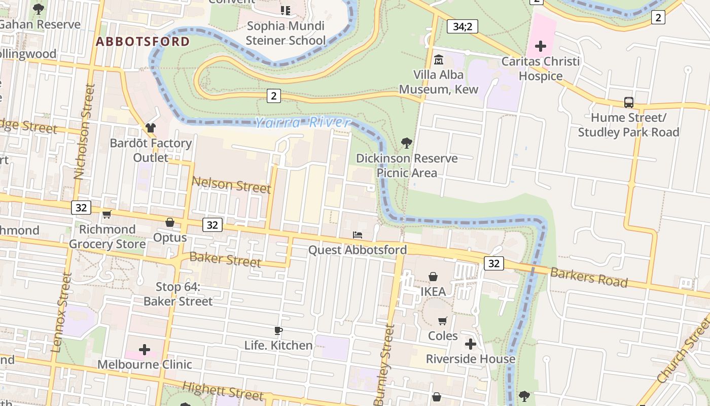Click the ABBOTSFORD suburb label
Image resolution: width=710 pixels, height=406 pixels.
(x=143, y=42)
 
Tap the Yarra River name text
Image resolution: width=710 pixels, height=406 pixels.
(x=302, y=123)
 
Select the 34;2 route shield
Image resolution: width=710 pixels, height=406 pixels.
(x=462, y=26)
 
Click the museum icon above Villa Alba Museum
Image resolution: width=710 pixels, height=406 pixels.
(x=438, y=60)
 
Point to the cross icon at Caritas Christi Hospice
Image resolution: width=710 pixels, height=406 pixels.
(x=540, y=47)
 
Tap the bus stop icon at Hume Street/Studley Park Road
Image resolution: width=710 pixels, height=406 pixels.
(x=629, y=103)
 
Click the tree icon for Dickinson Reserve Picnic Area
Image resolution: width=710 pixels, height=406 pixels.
(x=406, y=143)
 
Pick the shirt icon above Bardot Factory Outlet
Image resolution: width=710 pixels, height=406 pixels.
(x=150, y=128)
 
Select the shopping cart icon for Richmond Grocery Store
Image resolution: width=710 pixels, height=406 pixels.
(x=106, y=215)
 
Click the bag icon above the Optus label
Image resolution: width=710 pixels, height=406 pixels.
(x=170, y=223)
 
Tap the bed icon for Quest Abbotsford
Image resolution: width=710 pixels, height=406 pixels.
(x=358, y=235)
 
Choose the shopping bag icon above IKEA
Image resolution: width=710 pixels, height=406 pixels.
(x=433, y=277)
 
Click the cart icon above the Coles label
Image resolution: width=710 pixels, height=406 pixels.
(x=443, y=321)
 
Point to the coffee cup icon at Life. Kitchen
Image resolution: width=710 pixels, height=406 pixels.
(x=278, y=331)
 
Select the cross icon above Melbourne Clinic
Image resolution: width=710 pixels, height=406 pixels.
(x=145, y=350)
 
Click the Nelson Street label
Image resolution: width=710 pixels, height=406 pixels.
(x=231, y=185)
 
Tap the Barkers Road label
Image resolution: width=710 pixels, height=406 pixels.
(x=589, y=277)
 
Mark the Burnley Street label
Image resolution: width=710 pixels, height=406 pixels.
(x=384, y=365)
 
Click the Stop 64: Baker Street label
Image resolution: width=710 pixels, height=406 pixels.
(x=177, y=294)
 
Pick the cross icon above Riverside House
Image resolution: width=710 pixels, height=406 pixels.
(x=470, y=344)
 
